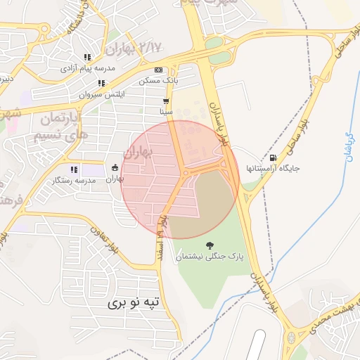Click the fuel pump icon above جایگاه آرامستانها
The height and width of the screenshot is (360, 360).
pos(273,157)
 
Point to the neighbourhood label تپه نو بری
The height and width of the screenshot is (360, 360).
pos(134,302)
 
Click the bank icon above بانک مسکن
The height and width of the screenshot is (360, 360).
pos(158,70)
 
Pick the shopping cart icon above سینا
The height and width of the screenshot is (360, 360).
pos(166,101)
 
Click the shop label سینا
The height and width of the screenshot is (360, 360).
pos(166,112)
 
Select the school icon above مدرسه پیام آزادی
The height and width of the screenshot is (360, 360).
pos(87,57)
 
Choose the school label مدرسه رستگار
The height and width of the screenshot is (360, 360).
pos(73,181)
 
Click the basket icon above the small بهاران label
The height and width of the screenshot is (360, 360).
pos(115,167)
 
